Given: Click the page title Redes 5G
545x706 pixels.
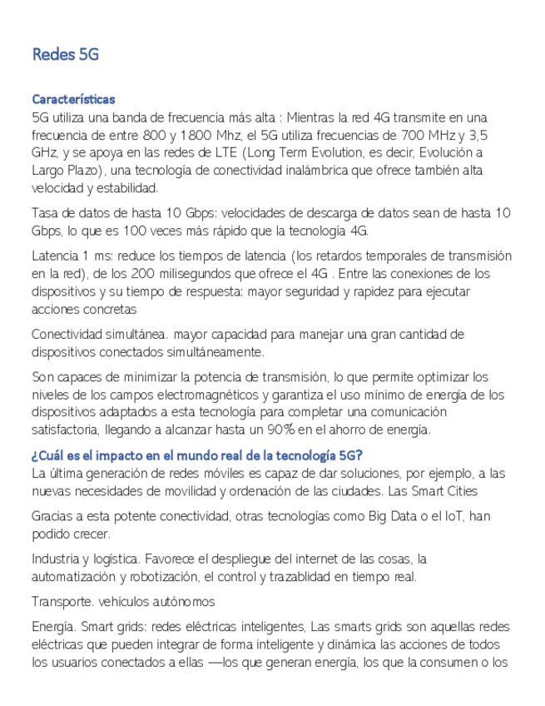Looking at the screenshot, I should click(x=65, y=55).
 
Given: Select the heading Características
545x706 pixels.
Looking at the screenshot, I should click(x=73, y=99).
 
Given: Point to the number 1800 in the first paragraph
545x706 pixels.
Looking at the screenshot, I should click(x=196, y=135).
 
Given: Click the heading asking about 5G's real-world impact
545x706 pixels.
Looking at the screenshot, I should click(x=196, y=455).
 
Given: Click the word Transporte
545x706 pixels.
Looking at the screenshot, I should click(x=62, y=601).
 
